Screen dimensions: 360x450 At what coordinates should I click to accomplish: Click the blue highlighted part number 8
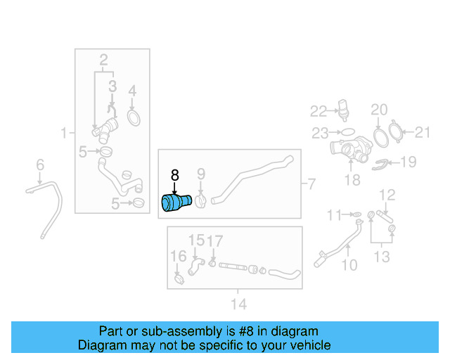(176, 202)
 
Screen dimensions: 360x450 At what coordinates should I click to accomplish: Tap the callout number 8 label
(175, 174)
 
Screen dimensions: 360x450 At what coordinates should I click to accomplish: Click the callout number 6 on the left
(40, 165)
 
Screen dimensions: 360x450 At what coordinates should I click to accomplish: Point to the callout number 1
(63, 132)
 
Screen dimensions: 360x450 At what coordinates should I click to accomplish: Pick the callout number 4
(132, 91)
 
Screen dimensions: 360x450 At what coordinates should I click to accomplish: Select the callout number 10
(349, 265)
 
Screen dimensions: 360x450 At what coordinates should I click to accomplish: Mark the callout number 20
(379, 110)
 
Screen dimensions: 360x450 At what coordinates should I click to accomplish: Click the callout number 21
(422, 131)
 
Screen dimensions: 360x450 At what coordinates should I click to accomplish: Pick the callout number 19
(407, 162)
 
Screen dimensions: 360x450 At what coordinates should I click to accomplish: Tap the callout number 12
(387, 194)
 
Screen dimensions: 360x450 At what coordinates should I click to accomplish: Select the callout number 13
(381, 257)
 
